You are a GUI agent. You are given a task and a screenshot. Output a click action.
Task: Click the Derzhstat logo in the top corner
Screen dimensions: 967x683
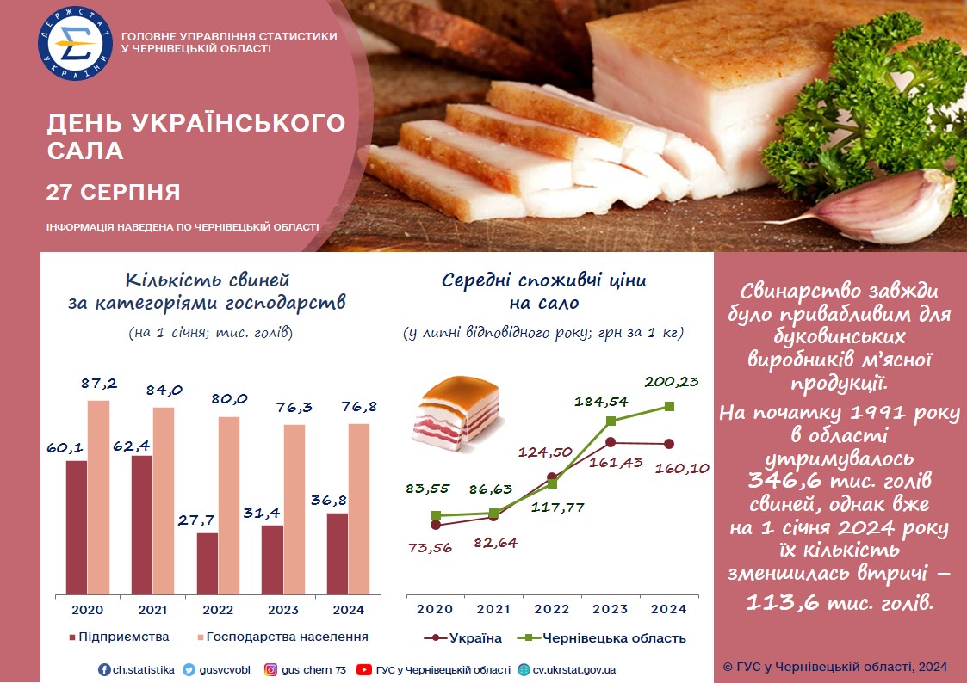point(75,43)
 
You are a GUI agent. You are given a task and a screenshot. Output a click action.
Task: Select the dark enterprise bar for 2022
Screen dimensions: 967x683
point(208,563)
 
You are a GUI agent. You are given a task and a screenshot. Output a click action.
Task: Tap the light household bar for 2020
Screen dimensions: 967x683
point(98,497)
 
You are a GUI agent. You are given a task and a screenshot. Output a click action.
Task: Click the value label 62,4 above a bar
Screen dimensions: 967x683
point(131,446)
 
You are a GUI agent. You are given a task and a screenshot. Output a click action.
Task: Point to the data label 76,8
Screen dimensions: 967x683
point(359,407)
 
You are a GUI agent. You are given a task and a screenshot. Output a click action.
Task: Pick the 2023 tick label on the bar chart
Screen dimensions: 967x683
point(283,610)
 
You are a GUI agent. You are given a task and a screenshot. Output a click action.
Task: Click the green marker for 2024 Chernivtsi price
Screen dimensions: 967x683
point(670,407)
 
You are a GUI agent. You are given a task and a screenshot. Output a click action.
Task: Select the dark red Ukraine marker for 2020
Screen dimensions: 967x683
point(436,525)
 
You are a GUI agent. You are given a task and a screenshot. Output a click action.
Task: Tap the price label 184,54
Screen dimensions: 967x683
point(601,402)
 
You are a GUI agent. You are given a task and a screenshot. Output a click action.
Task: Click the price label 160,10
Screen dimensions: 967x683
point(682,469)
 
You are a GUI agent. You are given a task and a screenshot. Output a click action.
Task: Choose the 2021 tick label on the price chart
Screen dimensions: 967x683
point(493,609)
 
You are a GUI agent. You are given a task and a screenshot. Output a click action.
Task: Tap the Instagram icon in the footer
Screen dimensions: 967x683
point(270,669)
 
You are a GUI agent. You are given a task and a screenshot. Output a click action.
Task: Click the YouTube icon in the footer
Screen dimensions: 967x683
point(364,669)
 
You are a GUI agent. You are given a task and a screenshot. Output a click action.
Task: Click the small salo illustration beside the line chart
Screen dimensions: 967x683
point(456,413)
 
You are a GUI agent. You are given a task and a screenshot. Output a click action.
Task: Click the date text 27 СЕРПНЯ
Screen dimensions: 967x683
point(114,192)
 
